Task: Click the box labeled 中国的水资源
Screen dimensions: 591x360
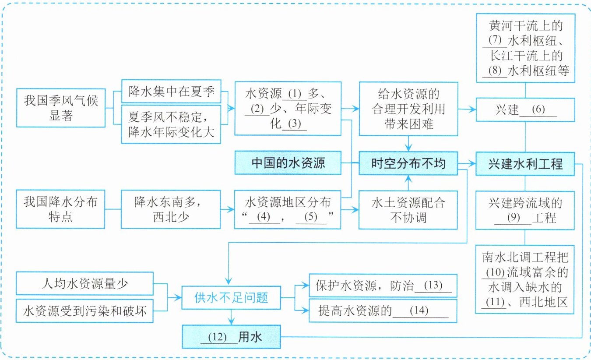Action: coord(288,163)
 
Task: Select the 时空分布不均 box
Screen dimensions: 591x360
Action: coord(408,163)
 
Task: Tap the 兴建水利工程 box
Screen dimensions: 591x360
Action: coord(525,164)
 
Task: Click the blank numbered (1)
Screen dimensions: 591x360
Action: coord(295,94)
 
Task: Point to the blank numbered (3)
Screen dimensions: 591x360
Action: coord(295,124)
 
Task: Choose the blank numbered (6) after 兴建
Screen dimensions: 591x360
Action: coord(538,110)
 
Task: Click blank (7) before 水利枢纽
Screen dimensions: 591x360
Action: coord(495,41)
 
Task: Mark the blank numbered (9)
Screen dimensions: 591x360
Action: coord(513,218)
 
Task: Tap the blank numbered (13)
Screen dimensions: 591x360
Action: coord(433,286)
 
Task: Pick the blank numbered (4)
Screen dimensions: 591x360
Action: coord(264,217)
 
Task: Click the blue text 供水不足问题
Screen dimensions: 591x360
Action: coord(231,298)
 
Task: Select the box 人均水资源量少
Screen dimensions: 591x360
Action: coord(84,283)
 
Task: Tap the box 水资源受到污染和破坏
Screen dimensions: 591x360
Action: coord(84,311)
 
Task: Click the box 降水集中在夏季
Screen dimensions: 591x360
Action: coord(171,92)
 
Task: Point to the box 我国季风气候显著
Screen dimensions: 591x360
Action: coord(61,108)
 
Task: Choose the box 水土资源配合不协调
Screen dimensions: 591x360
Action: coord(408,210)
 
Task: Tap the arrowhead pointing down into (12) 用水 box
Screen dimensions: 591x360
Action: coord(231,321)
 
